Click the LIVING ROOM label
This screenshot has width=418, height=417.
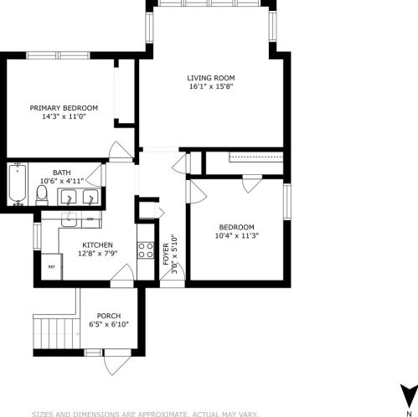point(210,78)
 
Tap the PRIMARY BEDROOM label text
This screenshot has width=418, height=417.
point(64,108)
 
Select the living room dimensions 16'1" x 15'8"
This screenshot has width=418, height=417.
point(210,86)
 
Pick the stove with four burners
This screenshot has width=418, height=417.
point(146,249)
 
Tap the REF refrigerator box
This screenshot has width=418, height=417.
point(50,267)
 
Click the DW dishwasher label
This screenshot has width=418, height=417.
point(90,219)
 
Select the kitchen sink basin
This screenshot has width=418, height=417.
point(70,220)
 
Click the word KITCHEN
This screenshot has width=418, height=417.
point(97,245)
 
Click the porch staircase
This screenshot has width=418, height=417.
point(54,332)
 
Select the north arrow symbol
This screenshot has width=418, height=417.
point(407,394)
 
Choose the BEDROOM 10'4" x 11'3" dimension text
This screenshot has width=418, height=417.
point(236,235)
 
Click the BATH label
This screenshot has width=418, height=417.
point(62,172)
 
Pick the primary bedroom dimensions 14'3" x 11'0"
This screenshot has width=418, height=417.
point(64,116)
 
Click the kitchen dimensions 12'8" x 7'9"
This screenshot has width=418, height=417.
point(97,253)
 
